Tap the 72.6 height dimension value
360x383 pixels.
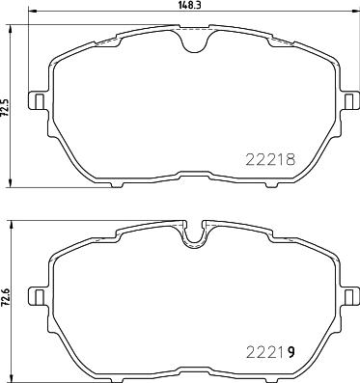[5, 299]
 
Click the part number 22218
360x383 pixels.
[270, 159]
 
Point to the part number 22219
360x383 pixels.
[270, 353]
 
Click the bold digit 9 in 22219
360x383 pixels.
[291, 353]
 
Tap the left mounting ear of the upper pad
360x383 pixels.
[37, 100]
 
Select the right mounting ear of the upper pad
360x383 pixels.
[351, 100]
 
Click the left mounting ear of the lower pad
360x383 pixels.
[37, 296]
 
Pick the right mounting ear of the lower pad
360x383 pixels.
[351, 296]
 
